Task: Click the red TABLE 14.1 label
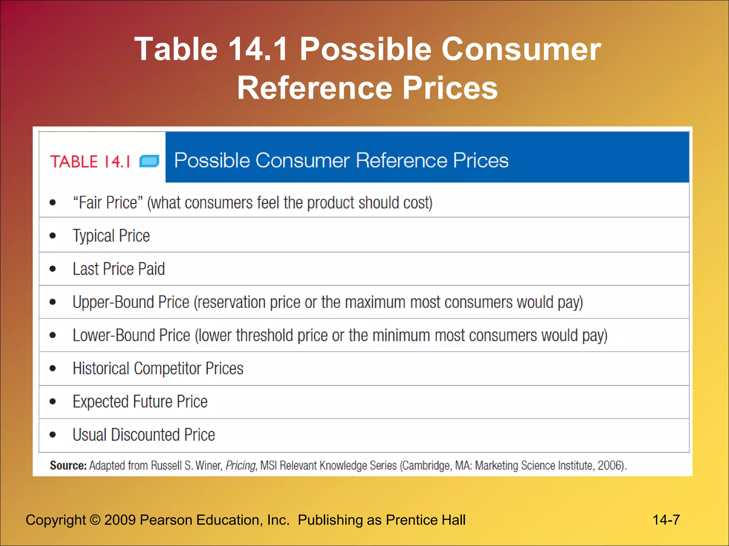pyautogui.click(x=90, y=162)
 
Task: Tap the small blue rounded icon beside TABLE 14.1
pyautogui.click(x=149, y=161)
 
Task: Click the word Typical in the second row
pyautogui.click(x=94, y=236)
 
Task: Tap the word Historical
pyautogui.click(x=101, y=368)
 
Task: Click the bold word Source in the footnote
pyautogui.click(x=68, y=465)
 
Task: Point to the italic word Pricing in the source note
pyautogui.click(x=241, y=465)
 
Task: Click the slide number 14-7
pyautogui.click(x=666, y=520)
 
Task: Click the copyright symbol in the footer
pyautogui.click(x=95, y=520)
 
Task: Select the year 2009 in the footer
pyautogui.click(x=120, y=520)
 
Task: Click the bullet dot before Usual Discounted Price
pyautogui.click(x=53, y=434)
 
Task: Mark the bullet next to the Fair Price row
pyautogui.click(x=53, y=203)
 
